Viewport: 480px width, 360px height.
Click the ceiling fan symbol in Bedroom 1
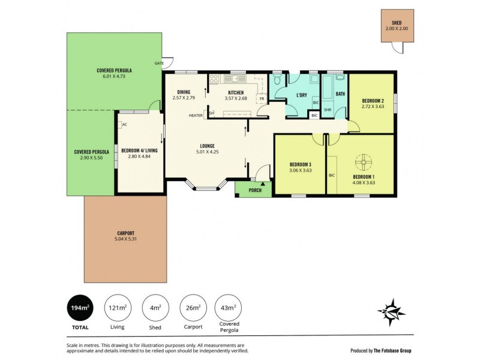point(364,162)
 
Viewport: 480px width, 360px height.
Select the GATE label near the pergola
point(159,63)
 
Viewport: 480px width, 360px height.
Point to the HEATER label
point(196,115)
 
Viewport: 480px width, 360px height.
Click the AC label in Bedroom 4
point(124,125)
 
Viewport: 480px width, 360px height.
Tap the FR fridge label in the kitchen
point(262,98)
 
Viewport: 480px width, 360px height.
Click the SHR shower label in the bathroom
point(328,110)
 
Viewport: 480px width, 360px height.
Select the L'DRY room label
point(302,95)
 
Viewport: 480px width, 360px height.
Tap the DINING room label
point(184,92)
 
